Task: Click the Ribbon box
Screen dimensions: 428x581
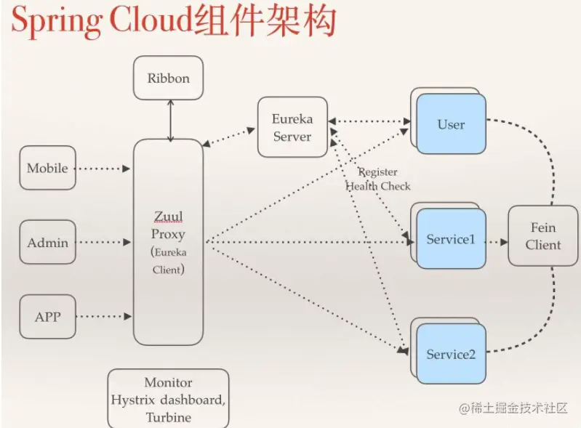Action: point(168,78)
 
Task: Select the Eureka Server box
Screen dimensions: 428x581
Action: point(292,126)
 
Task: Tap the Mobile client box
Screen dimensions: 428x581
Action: point(47,168)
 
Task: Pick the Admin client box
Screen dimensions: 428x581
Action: point(47,243)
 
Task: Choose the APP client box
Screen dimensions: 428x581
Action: point(47,317)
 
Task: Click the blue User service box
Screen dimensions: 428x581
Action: point(451,124)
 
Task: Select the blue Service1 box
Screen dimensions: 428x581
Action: point(451,239)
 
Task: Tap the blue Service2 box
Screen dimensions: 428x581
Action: point(451,354)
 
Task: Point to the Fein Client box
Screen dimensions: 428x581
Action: point(542,236)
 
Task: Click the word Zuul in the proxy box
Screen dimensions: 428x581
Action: point(168,217)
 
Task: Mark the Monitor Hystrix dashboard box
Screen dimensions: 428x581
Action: point(168,398)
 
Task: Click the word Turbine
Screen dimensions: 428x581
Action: point(168,417)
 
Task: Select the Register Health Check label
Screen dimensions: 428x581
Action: point(377,179)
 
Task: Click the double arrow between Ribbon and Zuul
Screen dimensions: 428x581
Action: point(170,120)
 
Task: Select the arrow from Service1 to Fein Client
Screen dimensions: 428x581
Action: point(497,240)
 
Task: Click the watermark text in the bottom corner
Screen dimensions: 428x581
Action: point(513,408)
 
